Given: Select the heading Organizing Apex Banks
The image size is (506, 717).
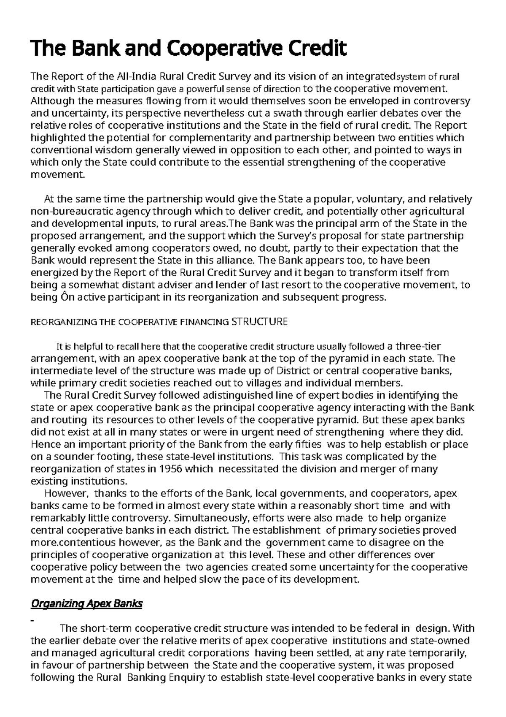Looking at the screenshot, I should pos(87,604).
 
